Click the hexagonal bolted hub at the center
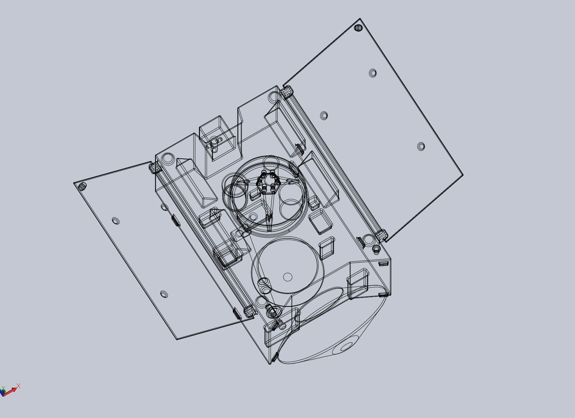(267, 183)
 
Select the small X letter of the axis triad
(18, 386)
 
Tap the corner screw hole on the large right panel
(358, 28)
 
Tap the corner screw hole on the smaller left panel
(82, 186)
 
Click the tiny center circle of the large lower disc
(288, 277)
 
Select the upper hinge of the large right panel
(286, 93)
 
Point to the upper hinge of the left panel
(154, 168)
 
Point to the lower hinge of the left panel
(248, 311)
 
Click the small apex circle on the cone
(347, 347)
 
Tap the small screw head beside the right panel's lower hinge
(376, 248)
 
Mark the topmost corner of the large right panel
(360, 19)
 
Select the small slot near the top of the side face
(383, 264)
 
